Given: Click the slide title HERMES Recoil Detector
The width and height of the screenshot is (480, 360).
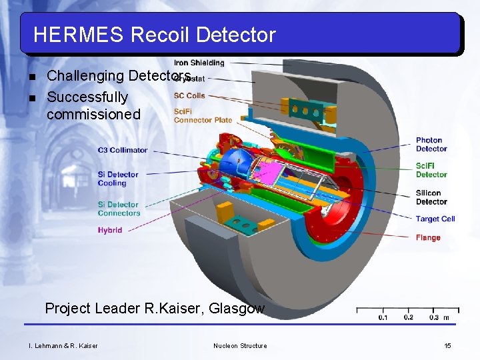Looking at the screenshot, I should pyautogui.click(x=154, y=34).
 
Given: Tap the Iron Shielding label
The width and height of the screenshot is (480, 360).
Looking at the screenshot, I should pyautogui.click(x=199, y=63).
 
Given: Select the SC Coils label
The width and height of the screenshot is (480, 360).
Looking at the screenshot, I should pyautogui.click(x=189, y=95).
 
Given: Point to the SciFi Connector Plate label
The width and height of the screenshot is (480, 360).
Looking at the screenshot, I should pyautogui.click(x=203, y=115).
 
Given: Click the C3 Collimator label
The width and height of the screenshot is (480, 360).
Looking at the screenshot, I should pyautogui.click(x=123, y=150).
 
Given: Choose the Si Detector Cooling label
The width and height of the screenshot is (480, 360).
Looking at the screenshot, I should pyautogui.click(x=118, y=179).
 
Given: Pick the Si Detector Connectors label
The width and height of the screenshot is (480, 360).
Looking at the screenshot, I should pyautogui.click(x=119, y=209).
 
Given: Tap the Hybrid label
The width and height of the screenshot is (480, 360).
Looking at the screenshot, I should pyautogui.click(x=110, y=230).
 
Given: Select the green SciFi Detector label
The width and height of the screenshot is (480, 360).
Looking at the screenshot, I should pyautogui.click(x=431, y=170).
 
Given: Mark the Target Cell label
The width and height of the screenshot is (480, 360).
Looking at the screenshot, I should pyautogui.click(x=435, y=219).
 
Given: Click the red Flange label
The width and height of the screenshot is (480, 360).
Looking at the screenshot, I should pyautogui.click(x=428, y=237).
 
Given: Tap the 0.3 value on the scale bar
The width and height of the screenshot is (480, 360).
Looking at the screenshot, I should pyautogui.click(x=433, y=317).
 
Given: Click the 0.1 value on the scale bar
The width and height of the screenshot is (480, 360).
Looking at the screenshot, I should pyautogui.click(x=383, y=317).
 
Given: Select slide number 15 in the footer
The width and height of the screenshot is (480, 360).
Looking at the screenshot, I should pyautogui.click(x=447, y=345).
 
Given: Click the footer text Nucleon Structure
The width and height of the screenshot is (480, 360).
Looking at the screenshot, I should pyautogui.click(x=240, y=345).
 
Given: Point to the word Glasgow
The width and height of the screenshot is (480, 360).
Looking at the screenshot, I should pyautogui.click(x=237, y=309).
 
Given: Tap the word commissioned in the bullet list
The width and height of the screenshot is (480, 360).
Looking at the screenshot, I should pyautogui.click(x=93, y=114).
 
